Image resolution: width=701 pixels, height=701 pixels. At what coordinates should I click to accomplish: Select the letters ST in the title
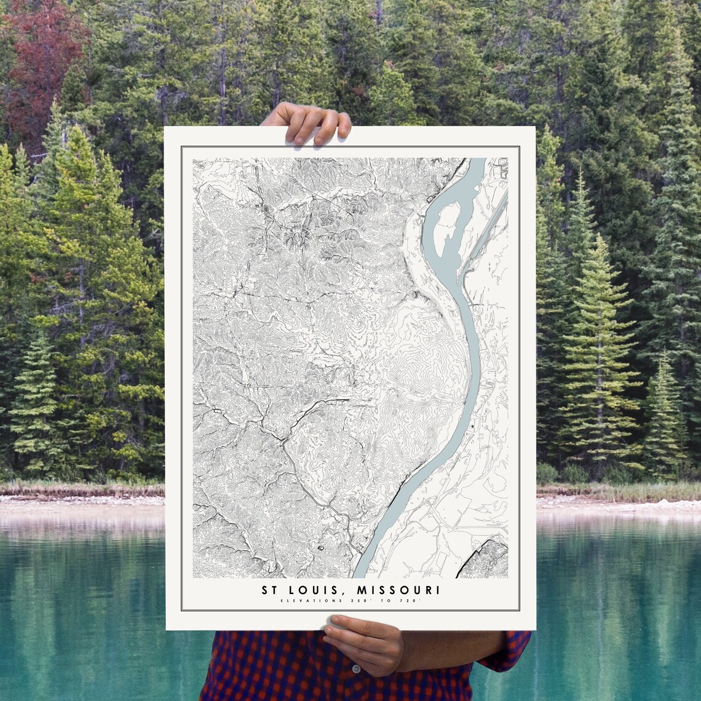click(x=269, y=590)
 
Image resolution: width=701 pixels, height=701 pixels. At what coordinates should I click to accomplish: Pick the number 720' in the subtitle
click(x=410, y=601)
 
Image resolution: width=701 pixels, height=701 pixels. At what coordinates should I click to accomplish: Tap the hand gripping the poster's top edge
click(x=307, y=121)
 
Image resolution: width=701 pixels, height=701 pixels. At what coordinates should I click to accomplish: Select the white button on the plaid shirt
click(x=356, y=668)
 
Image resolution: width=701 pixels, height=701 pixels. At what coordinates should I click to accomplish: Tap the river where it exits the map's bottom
click(x=363, y=569)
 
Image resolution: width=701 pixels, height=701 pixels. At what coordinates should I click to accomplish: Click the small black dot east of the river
click(x=472, y=426)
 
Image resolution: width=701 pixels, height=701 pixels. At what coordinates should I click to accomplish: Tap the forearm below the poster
click(x=455, y=652)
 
